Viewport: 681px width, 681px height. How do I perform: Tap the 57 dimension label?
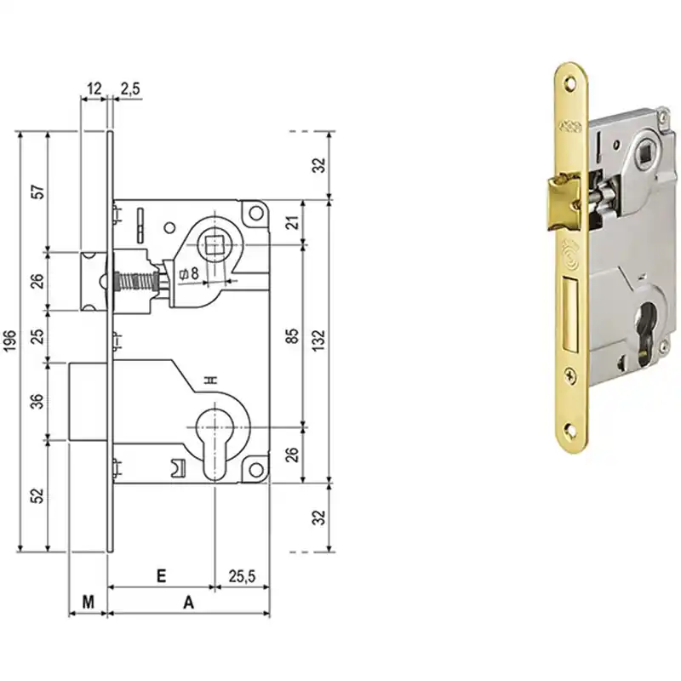(38, 192)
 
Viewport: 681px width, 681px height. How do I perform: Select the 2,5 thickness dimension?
(130, 89)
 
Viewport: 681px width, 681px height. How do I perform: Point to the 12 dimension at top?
(94, 89)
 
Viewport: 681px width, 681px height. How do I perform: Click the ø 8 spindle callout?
(189, 273)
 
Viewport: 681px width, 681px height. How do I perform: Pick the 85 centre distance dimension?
(293, 335)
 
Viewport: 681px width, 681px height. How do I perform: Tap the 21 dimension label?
(294, 222)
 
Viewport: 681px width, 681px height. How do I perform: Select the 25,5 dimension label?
(242, 576)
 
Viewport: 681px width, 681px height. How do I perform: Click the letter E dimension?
(161, 576)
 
